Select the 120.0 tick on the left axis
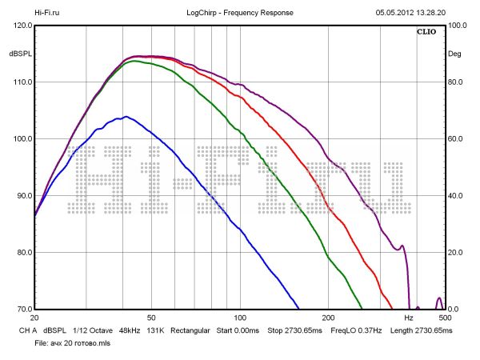[x=21, y=26]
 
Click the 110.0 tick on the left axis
[x=21, y=82]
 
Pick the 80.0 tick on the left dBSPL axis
[x=21, y=253]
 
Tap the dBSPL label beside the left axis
[x=20, y=54]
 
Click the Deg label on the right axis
[x=454, y=54]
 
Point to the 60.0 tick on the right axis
[x=457, y=139]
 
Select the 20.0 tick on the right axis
[x=457, y=253]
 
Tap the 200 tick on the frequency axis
[x=329, y=318]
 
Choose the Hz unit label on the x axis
[x=408, y=318]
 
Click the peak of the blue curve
[x=125, y=117]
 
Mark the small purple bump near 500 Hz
[x=438, y=300]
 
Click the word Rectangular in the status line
[x=190, y=330]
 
